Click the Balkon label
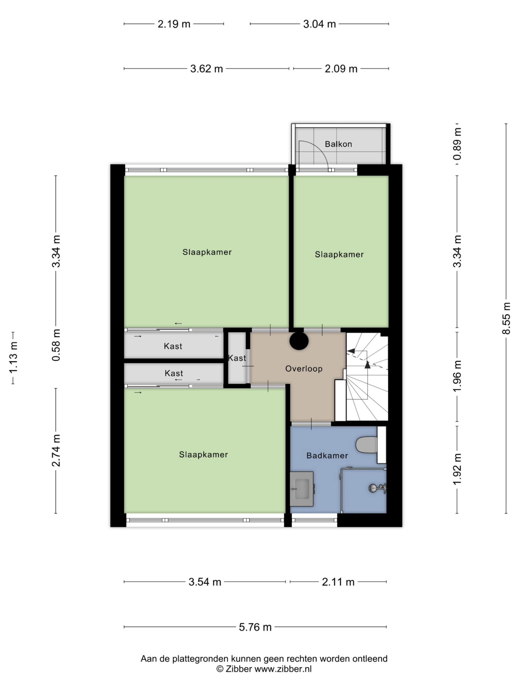[x=338, y=144]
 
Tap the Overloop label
[x=304, y=369]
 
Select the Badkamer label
[x=327, y=456]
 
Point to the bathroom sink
[x=301, y=489]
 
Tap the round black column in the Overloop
[x=299, y=341]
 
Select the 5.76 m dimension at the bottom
[x=255, y=627]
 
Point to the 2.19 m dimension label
[x=174, y=24]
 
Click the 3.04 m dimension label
[x=319, y=24]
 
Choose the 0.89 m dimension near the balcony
[x=457, y=144]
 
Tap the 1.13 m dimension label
[x=13, y=358]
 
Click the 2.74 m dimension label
[x=56, y=450]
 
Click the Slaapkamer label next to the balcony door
[x=339, y=255]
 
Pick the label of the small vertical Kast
[x=237, y=358]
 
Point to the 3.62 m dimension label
[x=207, y=69]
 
